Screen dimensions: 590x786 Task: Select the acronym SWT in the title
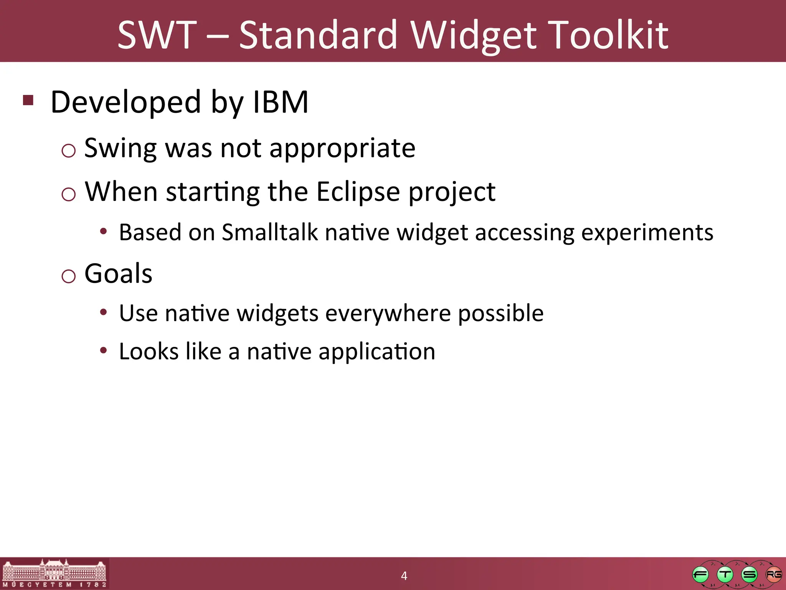click(x=157, y=35)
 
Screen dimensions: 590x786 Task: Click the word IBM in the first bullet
click(x=281, y=102)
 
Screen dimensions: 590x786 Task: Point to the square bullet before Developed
click(x=28, y=100)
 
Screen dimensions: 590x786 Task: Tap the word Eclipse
click(x=358, y=192)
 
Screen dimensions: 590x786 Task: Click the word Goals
click(x=118, y=273)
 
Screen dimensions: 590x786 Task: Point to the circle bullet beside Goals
click(x=69, y=276)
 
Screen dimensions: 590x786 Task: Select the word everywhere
click(x=388, y=313)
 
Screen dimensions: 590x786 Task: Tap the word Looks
click(x=149, y=351)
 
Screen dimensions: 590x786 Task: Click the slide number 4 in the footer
click(x=404, y=576)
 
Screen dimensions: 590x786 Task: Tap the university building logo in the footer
click(x=54, y=573)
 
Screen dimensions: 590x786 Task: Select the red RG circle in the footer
click(x=773, y=575)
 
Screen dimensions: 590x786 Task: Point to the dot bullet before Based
click(x=103, y=232)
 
